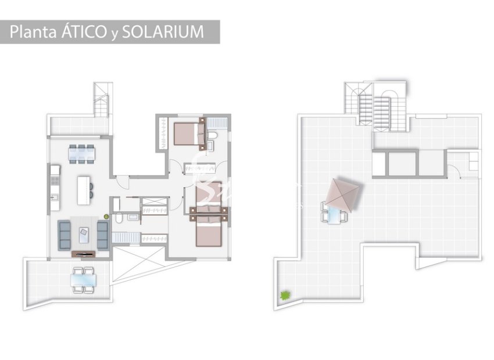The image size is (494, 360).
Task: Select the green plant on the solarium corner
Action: (285, 296)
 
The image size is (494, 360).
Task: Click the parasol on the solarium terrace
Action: (343, 193)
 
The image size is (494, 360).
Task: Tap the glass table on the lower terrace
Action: (84, 280)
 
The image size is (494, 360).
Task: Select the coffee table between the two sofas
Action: (84, 233)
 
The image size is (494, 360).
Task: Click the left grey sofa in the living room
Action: (64, 233)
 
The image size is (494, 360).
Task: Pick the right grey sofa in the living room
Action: (103, 234)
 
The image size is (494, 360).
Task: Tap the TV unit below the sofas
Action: (84, 253)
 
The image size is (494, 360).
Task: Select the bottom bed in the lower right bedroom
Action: (208, 232)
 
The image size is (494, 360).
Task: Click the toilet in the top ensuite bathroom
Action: (213, 138)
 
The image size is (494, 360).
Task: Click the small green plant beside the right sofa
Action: (106, 217)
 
